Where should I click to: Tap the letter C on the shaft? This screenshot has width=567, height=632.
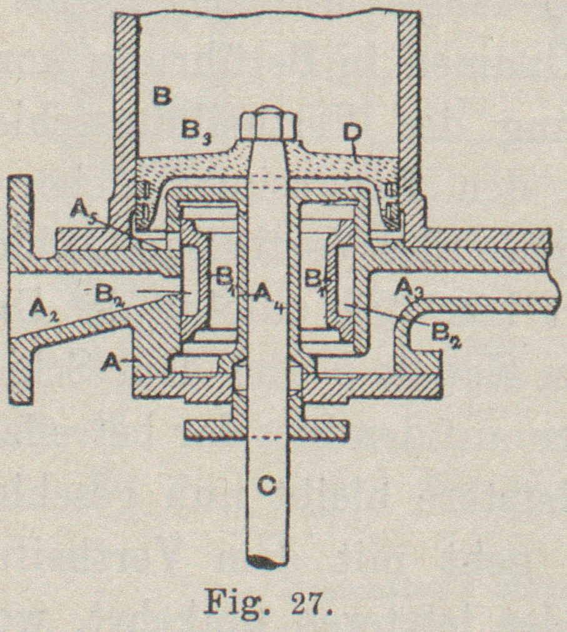266,485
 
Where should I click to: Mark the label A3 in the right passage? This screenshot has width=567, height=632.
410,288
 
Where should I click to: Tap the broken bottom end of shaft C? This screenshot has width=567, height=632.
266,560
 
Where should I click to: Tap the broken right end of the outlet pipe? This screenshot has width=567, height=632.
552,275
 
